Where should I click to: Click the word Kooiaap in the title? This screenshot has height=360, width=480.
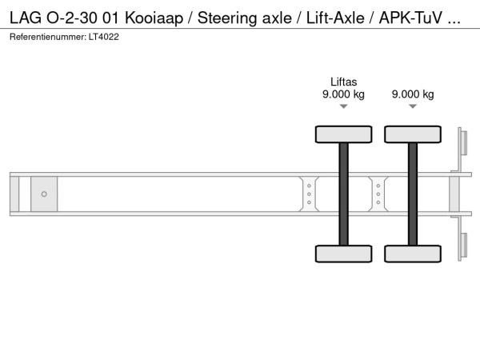(154, 18)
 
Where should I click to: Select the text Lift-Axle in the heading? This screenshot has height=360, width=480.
(335, 18)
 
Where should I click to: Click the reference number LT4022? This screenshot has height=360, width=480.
(104, 37)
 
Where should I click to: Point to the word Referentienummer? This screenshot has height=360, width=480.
(48, 37)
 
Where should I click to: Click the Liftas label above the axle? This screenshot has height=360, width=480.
(343, 82)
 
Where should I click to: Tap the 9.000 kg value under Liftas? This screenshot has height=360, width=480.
(343, 94)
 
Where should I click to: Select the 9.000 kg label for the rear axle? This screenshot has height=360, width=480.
(413, 94)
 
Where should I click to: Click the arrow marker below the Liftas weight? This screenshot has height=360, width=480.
(343, 106)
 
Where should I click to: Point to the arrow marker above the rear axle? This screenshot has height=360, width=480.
(413, 106)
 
